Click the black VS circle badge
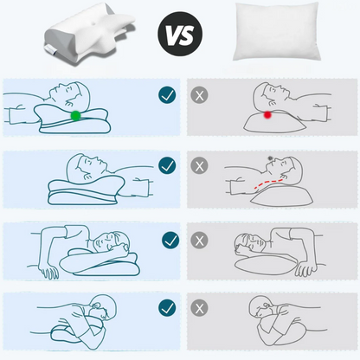click(x=180, y=34)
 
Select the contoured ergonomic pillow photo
click(x=89, y=33)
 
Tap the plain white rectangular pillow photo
click(x=276, y=31)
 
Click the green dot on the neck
click(x=75, y=115)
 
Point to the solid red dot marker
click(x=267, y=115)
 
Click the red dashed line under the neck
click(x=268, y=183)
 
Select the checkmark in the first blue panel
click(x=167, y=95)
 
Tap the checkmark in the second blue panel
click(x=167, y=165)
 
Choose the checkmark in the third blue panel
click(x=170, y=241)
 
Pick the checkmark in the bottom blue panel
click(x=167, y=308)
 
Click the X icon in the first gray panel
click(x=199, y=95)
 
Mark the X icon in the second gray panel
click(x=199, y=166)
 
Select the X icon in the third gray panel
click(x=199, y=241)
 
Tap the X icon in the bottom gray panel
click(x=199, y=308)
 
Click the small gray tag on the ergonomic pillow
click(x=50, y=49)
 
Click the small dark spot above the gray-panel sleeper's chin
click(x=270, y=158)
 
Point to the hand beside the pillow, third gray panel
click(x=306, y=268)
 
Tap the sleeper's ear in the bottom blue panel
click(x=97, y=305)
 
